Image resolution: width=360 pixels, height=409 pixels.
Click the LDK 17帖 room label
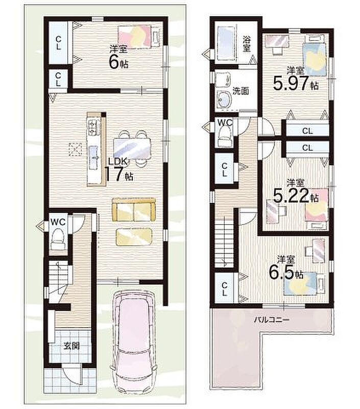coord(119,170)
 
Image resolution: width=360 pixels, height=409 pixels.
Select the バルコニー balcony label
coord(272,320)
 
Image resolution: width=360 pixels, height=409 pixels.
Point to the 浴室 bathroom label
coord(247,43)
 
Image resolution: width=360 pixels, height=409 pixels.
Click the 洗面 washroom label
coord(241,91)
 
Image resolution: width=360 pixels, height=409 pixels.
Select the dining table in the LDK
coord(132,148)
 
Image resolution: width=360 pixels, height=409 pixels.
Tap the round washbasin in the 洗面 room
coord(224,99)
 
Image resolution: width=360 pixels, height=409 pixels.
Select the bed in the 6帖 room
coord(138,36)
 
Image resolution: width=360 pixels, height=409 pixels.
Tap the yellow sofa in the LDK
coord(134,210)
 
